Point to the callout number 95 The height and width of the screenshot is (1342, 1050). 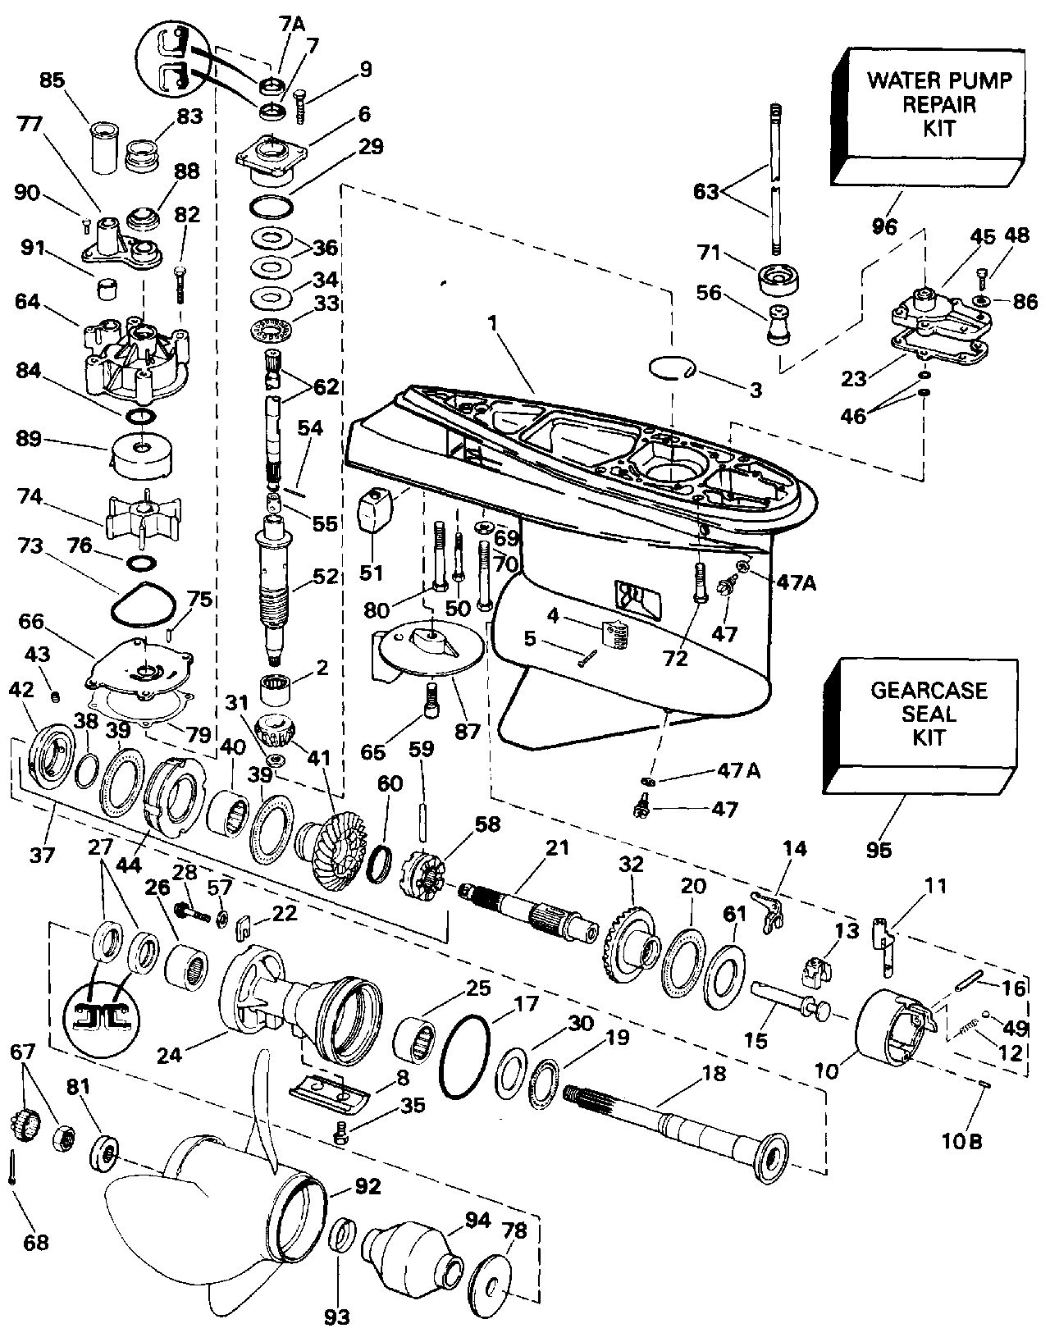pyautogui.click(x=878, y=850)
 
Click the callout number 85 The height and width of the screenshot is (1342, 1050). pyautogui.click(x=53, y=82)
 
